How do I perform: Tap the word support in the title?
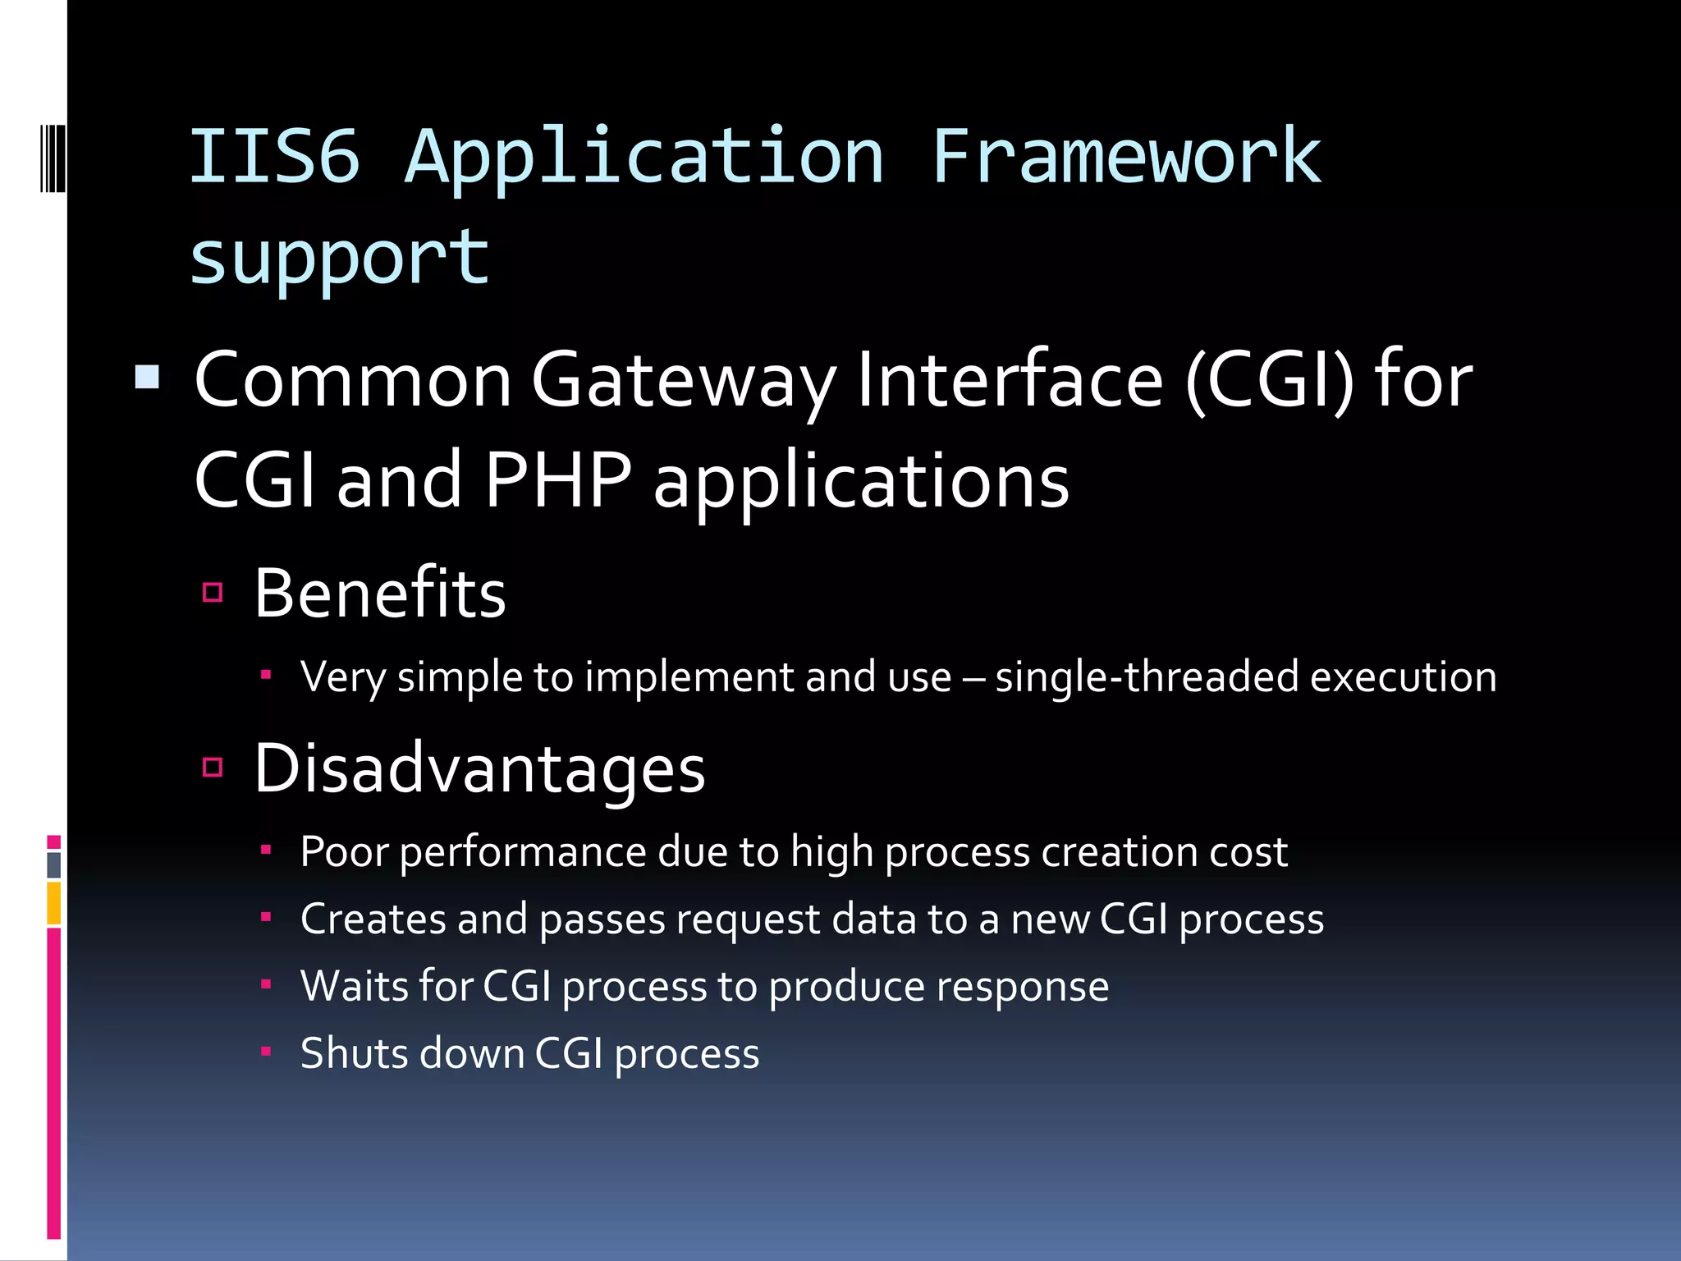[x=339, y=258]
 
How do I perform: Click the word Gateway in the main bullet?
[x=684, y=380]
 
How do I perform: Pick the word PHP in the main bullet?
[x=557, y=480]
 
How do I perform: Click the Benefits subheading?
[x=379, y=593]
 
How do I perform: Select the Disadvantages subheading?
[x=479, y=768]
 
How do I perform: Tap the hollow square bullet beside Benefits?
[x=213, y=592]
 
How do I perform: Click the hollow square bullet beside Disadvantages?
[x=213, y=768]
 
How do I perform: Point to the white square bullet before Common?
[x=147, y=378]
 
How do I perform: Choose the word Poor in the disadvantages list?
[x=344, y=851]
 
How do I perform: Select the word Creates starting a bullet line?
[x=372, y=919]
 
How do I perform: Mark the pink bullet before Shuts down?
[x=265, y=1051]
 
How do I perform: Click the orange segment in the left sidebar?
[x=53, y=903]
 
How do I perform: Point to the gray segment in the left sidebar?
[x=53, y=864]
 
